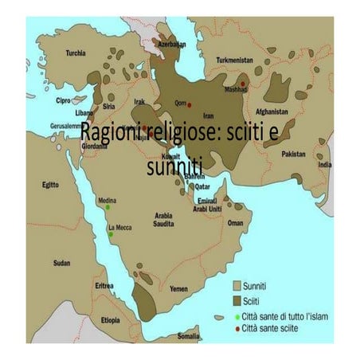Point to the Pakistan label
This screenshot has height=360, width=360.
295,151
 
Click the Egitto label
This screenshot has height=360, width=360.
52,184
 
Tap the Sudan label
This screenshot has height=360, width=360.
61,262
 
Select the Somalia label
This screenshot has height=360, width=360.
188,337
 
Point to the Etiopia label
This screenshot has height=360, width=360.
111,319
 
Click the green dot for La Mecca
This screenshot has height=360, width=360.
108,233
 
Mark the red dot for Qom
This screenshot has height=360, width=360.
189,105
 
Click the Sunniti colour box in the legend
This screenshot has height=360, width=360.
237,283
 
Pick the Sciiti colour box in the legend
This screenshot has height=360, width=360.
237,300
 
